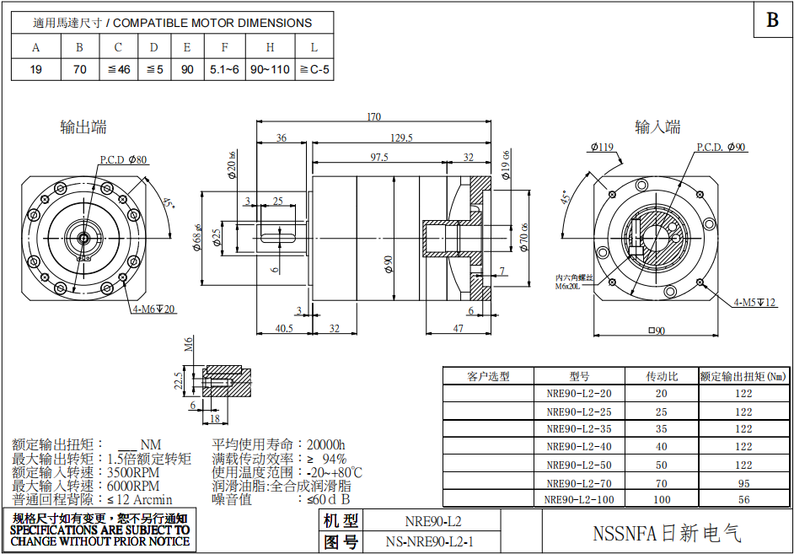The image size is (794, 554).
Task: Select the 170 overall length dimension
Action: click(373, 116)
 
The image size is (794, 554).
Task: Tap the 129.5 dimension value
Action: click(401, 137)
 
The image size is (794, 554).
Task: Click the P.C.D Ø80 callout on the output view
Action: click(123, 159)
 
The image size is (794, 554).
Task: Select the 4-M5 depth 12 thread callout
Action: click(754, 302)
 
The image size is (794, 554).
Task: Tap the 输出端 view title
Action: click(83, 127)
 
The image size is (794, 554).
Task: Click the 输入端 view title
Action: click(657, 127)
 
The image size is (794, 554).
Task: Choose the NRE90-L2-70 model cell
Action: click(579, 483)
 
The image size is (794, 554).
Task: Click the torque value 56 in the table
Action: click(743, 500)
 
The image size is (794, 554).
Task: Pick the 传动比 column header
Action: click(661, 376)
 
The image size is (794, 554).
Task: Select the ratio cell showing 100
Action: click(661, 500)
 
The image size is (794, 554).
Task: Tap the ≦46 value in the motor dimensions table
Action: click(119, 69)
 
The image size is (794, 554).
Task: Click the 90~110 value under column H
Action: click(270, 69)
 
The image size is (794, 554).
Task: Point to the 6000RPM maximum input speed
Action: click(133, 487)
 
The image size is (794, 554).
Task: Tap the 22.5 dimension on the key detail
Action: click(178, 381)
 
